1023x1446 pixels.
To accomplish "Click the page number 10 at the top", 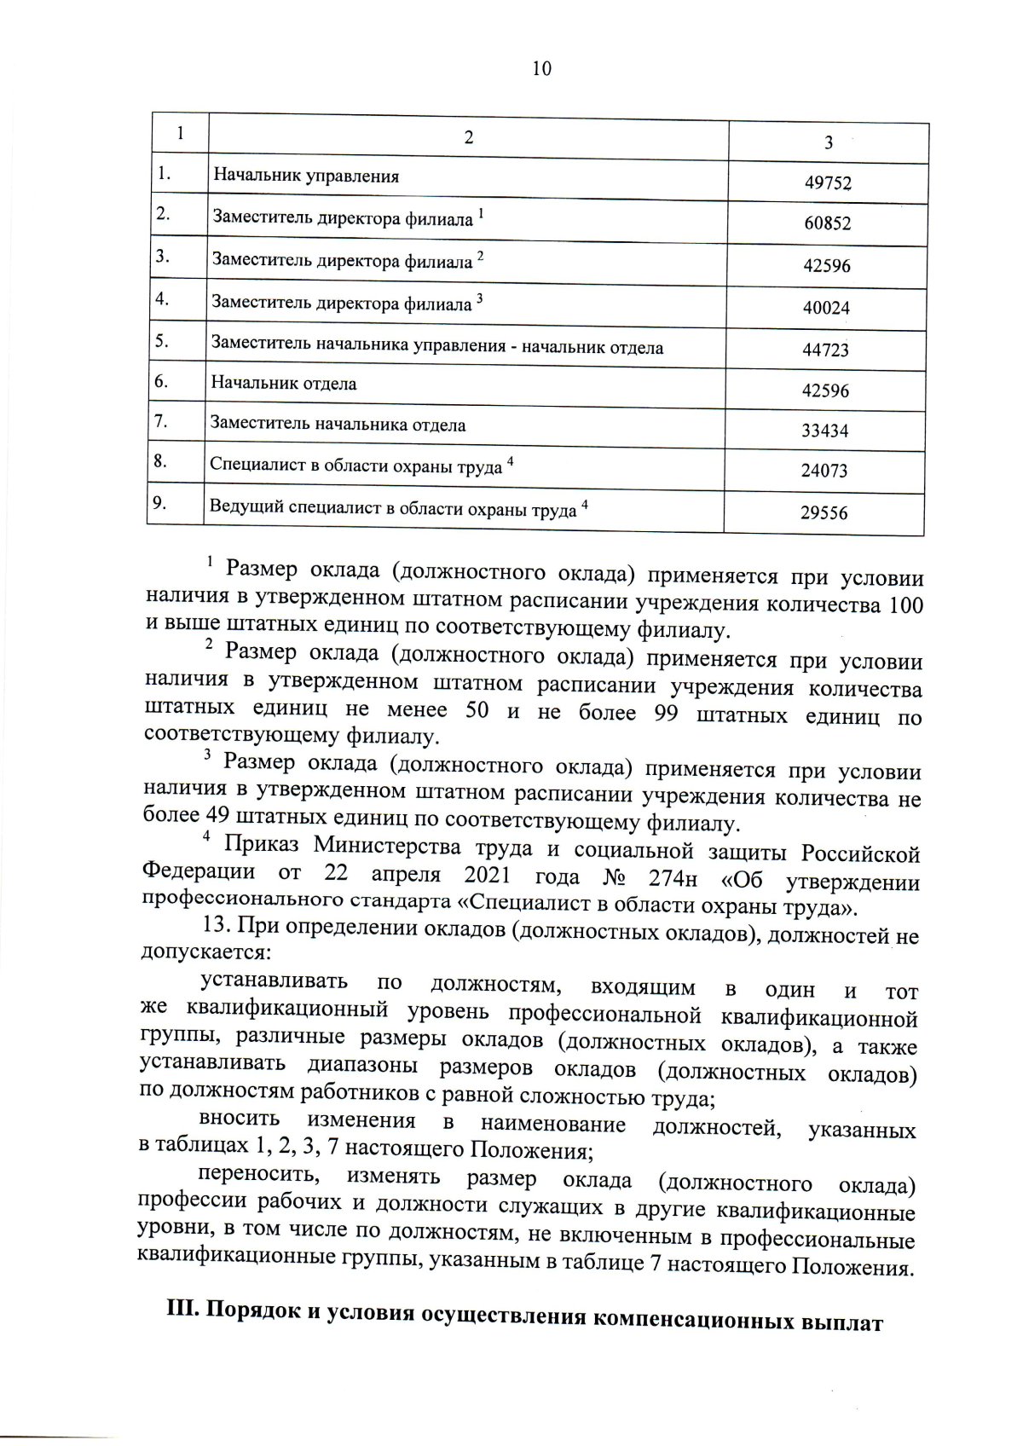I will coord(541,69).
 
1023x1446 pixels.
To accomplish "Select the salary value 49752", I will coord(828,183).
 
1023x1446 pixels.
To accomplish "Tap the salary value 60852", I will coord(827,223).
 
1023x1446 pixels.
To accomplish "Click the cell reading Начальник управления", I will coord(306,176).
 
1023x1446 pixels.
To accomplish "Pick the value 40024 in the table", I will coord(826,308).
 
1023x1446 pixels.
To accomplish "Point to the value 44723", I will coord(825,350).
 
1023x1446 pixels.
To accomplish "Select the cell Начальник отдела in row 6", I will coord(284,384).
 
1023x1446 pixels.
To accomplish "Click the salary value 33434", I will coord(824,431).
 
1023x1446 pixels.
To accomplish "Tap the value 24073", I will coord(824,471).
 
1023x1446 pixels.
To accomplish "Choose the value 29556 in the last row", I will coord(824,513).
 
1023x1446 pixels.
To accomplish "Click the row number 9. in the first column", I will coord(159,503).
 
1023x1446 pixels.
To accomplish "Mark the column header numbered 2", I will coord(468,138).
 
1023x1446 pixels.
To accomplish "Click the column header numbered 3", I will coord(829,143).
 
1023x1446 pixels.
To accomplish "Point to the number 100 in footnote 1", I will coord(905,606).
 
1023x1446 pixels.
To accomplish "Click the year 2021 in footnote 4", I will coord(487,876).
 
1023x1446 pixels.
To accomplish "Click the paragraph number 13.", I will coord(216,925).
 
